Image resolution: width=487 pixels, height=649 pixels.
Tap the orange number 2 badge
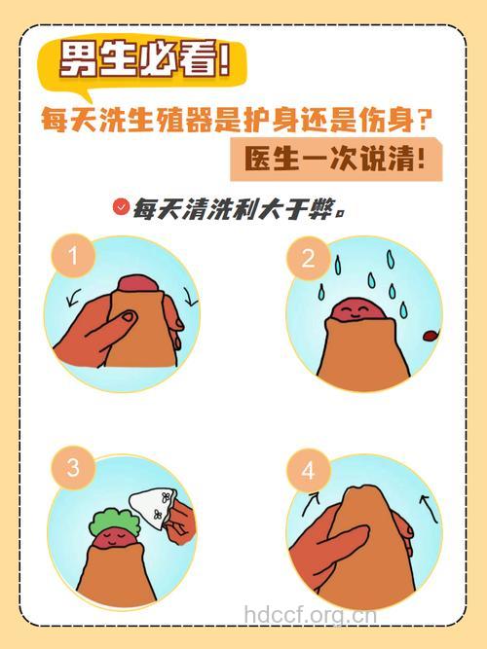pos(309,259)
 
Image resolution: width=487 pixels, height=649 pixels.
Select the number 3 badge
pos(72,467)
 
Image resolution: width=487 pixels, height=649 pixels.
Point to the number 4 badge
pos(309,472)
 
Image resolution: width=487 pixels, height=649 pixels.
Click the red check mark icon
pos(121,206)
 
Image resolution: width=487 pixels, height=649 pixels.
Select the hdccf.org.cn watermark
pos(310,615)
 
